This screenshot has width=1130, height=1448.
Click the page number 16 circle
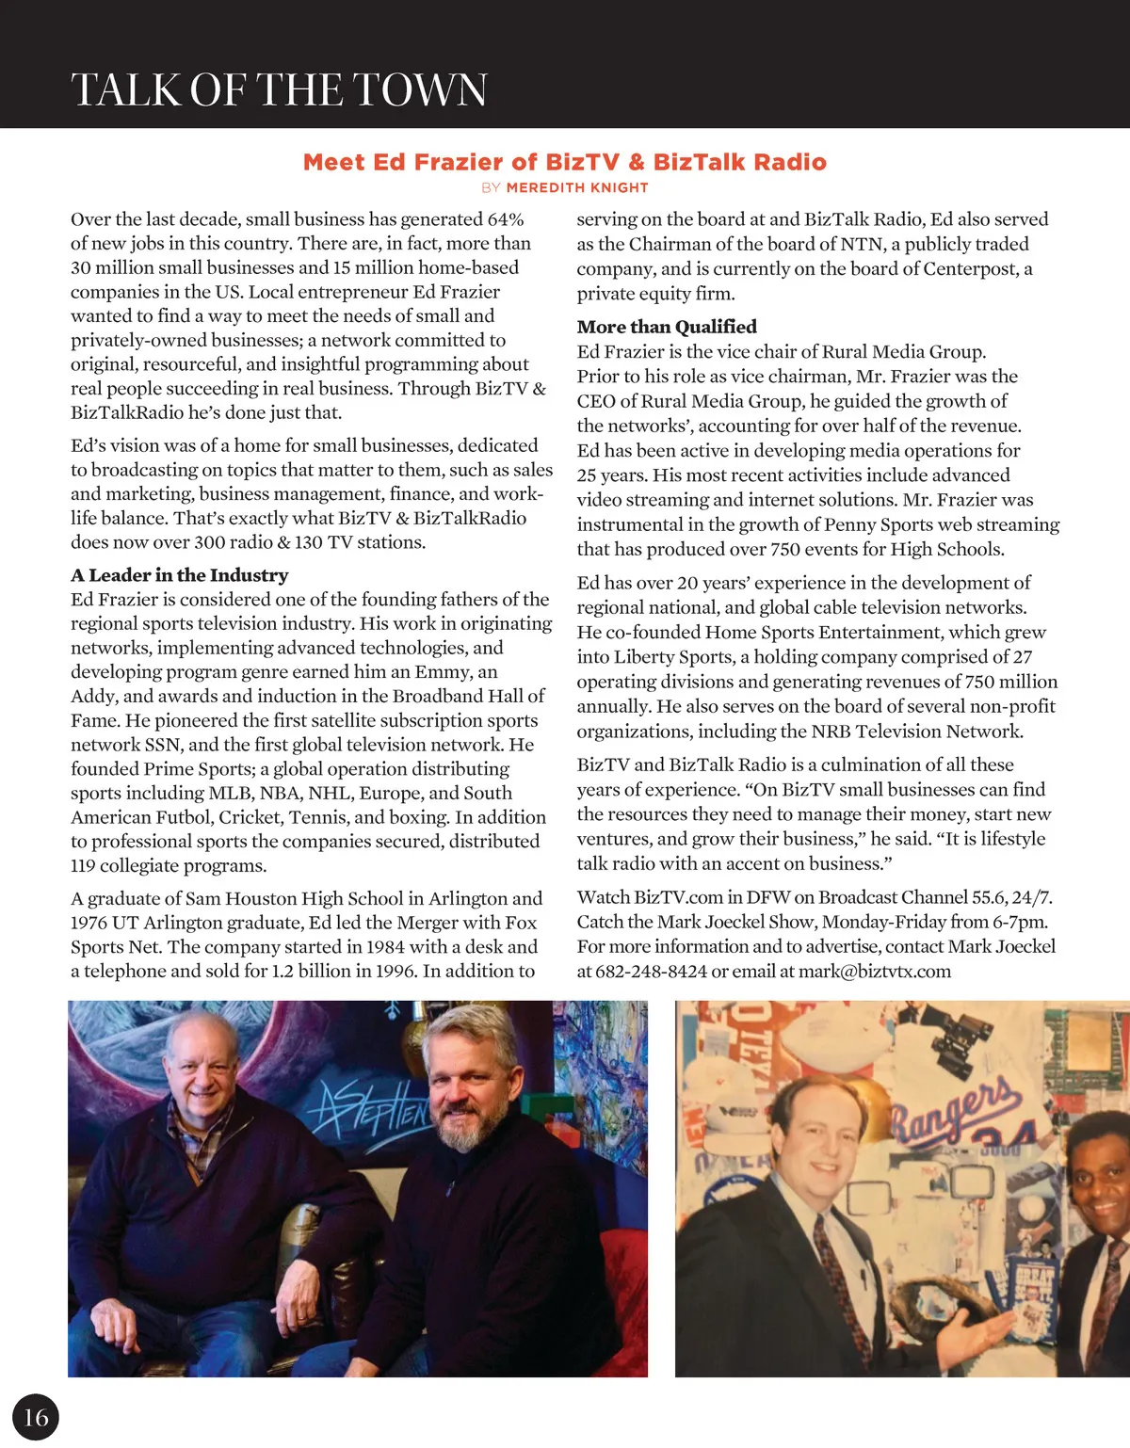point(36,1417)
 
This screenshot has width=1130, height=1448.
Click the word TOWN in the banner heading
point(420,90)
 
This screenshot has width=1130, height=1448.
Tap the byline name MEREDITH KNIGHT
point(577,187)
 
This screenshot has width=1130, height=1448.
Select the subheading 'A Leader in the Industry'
point(180,575)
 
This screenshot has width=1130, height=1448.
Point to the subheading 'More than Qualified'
point(667,327)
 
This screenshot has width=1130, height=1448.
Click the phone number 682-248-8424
point(651,971)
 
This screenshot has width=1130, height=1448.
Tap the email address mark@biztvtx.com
point(875,971)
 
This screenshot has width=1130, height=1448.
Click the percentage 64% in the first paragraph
point(505,219)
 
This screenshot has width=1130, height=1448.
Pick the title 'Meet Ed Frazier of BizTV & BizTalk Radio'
point(565,162)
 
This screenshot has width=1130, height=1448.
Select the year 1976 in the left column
point(91,923)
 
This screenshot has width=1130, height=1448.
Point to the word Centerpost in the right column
point(970,268)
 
